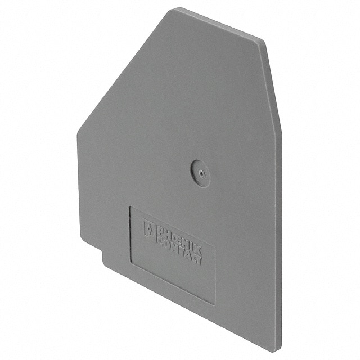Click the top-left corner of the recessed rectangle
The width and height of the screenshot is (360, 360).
click(130, 206)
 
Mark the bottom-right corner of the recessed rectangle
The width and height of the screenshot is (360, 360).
click(215, 304)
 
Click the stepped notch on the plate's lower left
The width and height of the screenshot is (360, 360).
click(102, 252)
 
